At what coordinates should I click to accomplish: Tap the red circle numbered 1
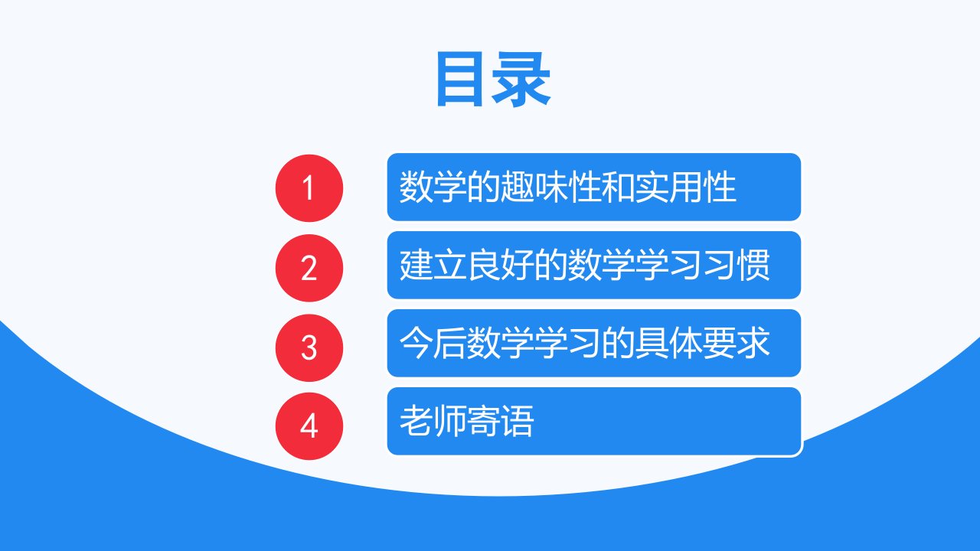309,188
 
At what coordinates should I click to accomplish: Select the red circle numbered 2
309,268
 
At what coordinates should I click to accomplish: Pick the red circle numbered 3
309,347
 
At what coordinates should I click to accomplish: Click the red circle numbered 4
309,426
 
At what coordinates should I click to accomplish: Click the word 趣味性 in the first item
550,187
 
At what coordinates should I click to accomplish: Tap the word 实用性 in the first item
685,187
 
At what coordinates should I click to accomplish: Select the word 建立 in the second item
433,265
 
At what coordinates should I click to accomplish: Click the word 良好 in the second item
500,265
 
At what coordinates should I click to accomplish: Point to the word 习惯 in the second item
736,265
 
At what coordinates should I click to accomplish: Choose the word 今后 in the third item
433,343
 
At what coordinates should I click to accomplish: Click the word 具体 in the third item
668,343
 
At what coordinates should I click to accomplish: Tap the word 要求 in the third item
736,343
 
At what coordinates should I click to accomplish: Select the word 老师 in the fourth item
433,421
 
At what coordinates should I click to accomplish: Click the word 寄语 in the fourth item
500,421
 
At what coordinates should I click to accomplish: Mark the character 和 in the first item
618,187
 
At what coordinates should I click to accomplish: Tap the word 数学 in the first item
433,187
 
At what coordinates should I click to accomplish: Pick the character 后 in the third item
449,343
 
